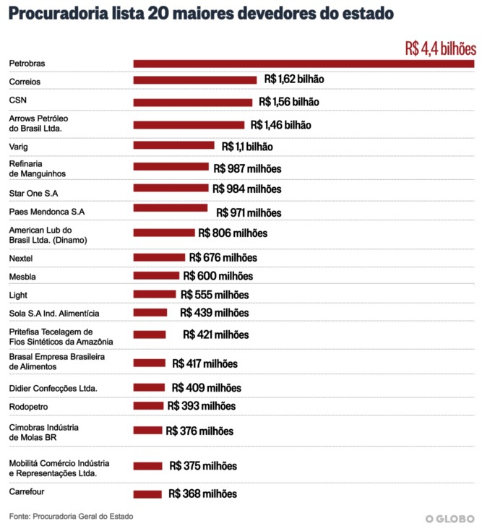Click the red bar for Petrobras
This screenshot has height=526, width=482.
304,64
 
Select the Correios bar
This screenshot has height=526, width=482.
195,80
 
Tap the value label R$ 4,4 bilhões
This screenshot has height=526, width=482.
440,49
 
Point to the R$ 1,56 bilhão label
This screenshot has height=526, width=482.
288,102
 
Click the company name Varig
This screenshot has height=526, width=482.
19,147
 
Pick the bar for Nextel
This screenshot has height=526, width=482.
159,257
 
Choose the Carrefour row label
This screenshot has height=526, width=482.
27,491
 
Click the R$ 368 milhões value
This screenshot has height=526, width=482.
202,494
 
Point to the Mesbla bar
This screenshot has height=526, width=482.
156,276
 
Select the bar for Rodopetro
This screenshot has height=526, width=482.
148,406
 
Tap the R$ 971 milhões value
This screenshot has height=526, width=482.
249,213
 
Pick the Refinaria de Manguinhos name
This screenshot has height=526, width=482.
38,168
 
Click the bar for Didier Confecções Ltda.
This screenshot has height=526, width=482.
149,387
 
